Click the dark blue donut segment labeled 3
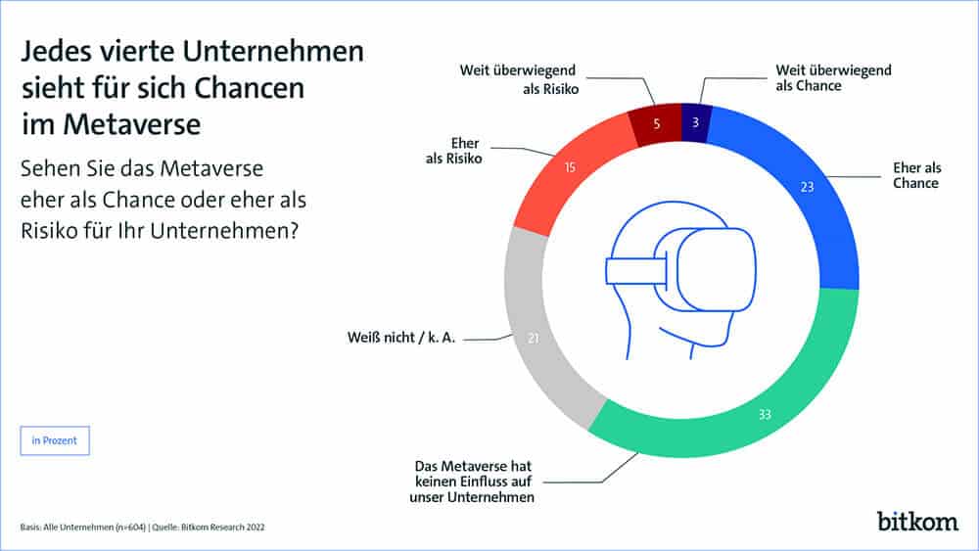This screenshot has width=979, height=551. click(693, 122)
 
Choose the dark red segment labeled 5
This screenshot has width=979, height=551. click(654, 124)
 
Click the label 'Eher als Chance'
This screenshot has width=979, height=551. click(915, 175)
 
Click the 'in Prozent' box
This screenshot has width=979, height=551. click(55, 441)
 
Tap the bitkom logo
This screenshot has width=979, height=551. click(916, 519)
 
